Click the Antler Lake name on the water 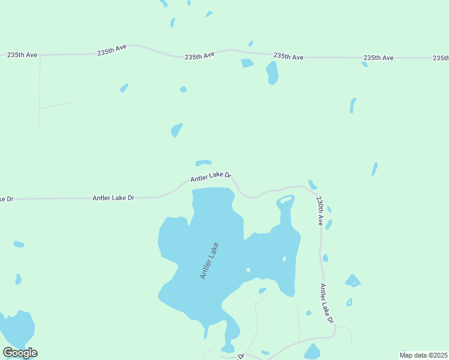point(209,260)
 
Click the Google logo point(20,353)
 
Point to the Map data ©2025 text point(423,355)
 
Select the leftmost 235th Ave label point(22,55)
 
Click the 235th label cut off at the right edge point(440,58)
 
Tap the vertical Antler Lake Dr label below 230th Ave point(327,304)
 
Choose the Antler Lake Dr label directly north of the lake point(211,176)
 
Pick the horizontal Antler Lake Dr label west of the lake point(113,197)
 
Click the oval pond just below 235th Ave point(272,73)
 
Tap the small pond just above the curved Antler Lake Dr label point(203,163)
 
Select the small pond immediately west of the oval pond point(247,63)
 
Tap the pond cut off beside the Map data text point(403,352)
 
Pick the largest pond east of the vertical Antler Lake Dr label point(353,281)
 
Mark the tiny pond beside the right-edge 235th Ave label point(364,64)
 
